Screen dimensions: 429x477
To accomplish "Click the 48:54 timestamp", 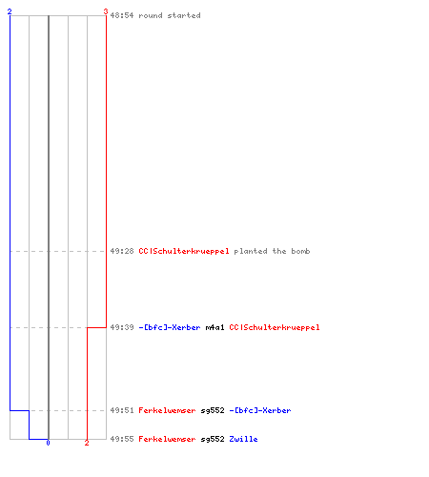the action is coord(122,15).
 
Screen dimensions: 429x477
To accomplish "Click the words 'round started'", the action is coord(170,15).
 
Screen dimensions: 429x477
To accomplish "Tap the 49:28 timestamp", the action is coord(122,251).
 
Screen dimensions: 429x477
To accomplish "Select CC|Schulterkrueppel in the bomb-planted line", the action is coord(184,251).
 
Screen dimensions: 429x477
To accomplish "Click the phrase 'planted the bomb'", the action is coord(272,251).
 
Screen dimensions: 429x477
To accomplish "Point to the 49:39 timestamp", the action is coord(122,327).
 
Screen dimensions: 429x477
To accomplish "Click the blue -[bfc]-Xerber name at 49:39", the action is coord(170,327).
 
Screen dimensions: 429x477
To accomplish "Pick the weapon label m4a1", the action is coord(214,327).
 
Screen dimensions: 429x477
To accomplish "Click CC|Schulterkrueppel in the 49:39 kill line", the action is coord(275,327).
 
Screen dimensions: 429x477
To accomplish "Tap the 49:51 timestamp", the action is coord(122,410).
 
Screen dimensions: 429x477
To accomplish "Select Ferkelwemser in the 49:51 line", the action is coord(167,410).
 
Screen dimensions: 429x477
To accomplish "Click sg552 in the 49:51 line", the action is coord(213,410).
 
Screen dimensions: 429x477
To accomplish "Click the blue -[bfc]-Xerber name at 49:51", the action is coord(260,410).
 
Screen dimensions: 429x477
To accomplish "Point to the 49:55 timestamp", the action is coord(122,439).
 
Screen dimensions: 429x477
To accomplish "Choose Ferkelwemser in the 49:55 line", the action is coord(167,439).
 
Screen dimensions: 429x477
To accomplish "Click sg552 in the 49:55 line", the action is coord(213,439).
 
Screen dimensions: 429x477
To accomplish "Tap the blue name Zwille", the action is coord(243,439).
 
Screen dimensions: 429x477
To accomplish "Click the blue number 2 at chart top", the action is coord(10,11).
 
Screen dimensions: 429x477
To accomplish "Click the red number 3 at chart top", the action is coord(106,11).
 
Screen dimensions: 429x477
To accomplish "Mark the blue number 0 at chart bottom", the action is coord(48,443).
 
